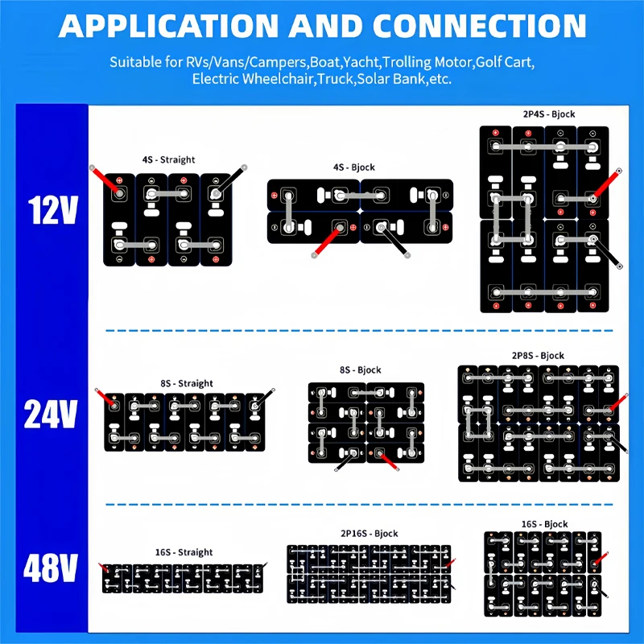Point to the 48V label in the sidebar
[x=51, y=569]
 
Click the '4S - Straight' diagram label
[x=168, y=159]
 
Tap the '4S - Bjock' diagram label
[x=354, y=167]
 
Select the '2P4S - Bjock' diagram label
[x=549, y=114]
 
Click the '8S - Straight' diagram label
[x=187, y=383]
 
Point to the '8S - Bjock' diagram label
[x=361, y=369]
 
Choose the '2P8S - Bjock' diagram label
[x=538, y=355]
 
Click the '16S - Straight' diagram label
[x=184, y=552]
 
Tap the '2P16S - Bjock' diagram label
[x=369, y=534]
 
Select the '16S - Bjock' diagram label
[x=544, y=524]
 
